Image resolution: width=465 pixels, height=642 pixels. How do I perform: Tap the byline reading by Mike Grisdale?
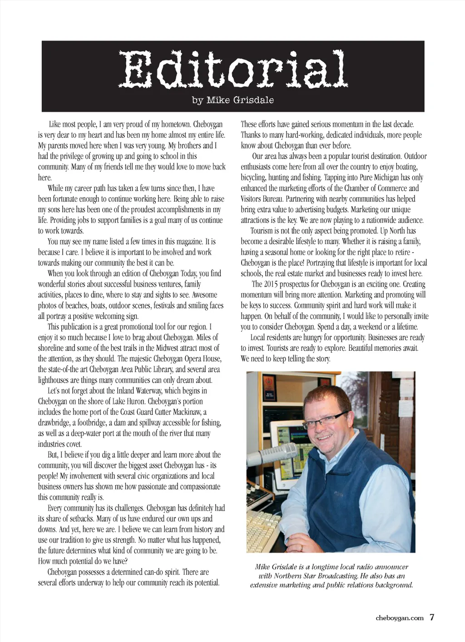233,100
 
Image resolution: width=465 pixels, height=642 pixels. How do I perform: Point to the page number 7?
432,617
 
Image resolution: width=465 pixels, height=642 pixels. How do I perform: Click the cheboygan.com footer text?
400,617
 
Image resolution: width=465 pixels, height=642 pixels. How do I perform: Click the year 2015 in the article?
272,284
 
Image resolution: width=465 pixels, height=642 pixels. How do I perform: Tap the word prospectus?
300,284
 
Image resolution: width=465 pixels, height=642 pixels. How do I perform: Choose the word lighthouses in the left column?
56,380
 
